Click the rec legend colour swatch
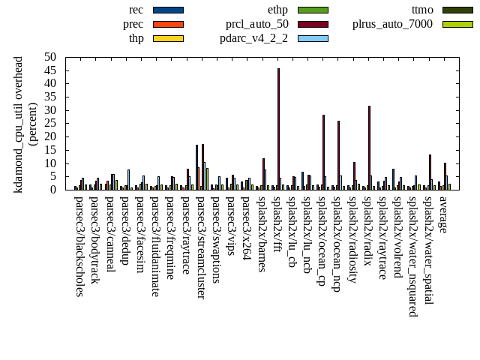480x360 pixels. (167, 10)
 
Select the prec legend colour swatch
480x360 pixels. (167, 24)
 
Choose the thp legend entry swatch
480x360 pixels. (167, 38)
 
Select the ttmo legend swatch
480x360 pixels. (457, 10)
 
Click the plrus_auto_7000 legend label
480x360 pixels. (392, 24)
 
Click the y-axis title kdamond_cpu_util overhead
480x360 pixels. (19, 124)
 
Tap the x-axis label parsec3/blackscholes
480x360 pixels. (79, 246)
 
